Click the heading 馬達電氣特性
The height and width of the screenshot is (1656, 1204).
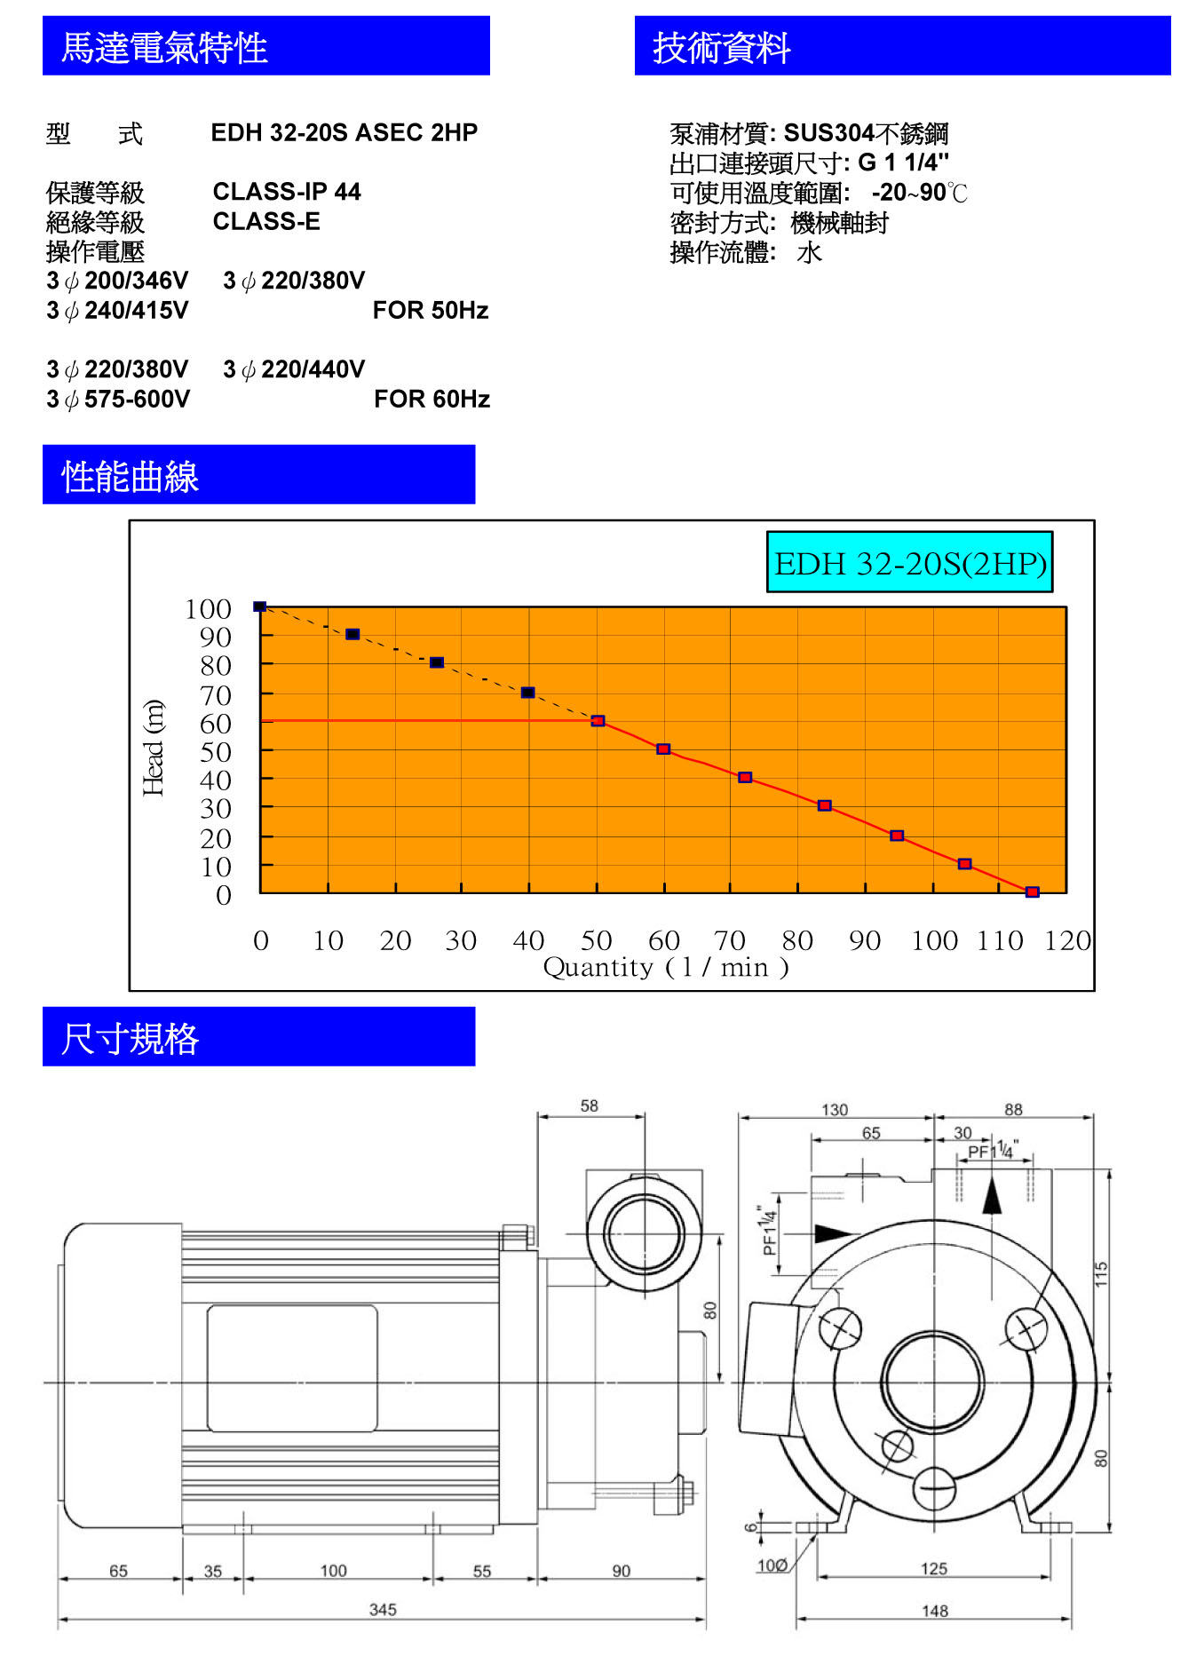[164, 47]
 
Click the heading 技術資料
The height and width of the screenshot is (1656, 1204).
[721, 47]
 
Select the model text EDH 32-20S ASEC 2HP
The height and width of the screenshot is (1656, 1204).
[345, 132]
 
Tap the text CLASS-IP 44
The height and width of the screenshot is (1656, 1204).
[287, 192]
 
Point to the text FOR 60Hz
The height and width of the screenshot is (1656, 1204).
[432, 399]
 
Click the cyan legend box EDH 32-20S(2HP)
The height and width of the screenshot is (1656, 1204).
[910, 562]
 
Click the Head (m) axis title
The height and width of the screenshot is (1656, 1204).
[154, 748]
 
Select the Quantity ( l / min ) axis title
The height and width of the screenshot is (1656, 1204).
[666, 966]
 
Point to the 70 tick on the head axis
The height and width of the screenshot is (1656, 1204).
[216, 694]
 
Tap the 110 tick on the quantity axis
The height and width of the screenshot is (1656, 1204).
[1000, 939]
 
